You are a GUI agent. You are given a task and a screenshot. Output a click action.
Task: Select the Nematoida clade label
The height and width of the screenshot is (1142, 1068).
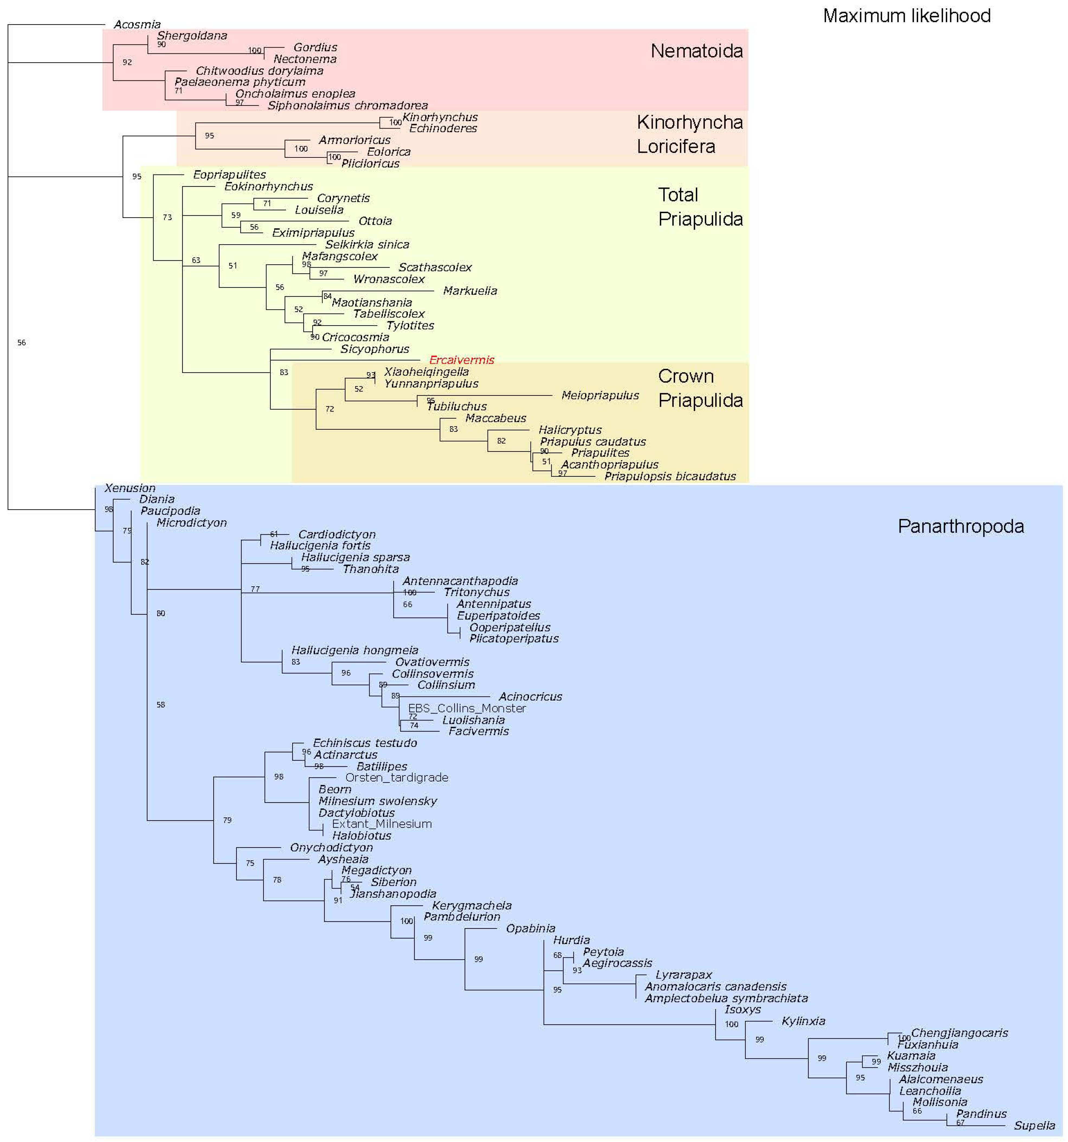[696, 51]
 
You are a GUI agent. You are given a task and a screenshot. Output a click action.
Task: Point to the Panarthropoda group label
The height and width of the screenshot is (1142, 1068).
[960, 526]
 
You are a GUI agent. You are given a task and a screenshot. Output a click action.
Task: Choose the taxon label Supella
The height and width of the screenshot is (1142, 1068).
[1034, 1125]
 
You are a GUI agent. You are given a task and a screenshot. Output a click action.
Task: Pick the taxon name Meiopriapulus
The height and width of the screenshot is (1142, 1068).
[599, 395]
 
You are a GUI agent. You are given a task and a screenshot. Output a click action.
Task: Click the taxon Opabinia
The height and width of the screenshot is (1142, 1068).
[530, 928]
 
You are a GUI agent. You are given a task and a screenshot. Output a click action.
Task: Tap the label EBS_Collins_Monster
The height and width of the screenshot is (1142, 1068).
[467, 708]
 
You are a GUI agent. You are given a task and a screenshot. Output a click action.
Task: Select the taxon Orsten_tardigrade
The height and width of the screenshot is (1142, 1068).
[397, 777]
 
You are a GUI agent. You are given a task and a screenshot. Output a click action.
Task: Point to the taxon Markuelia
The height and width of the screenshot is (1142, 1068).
[470, 291]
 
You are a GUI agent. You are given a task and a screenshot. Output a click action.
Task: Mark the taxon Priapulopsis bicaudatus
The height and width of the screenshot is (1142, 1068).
[670, 476]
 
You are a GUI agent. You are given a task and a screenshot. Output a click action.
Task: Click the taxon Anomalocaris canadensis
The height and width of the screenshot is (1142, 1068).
[715, 986]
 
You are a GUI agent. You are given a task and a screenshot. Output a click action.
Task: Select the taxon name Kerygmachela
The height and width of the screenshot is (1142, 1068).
[471, 905]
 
